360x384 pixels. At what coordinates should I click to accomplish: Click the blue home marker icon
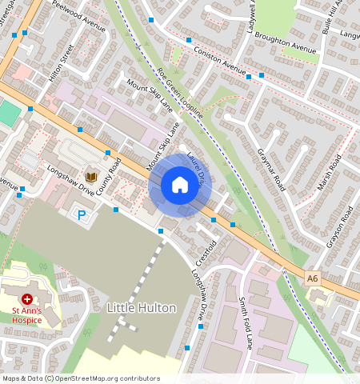[x=180, y=186]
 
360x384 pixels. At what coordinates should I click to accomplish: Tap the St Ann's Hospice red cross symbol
[x=27, y=298]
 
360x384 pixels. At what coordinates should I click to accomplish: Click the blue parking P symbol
[x=81, y=214]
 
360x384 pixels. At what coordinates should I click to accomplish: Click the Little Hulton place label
[x=141, y=307]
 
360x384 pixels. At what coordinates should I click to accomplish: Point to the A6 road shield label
[x=313, y=278]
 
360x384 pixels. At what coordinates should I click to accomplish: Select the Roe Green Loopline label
[x=180, y=94]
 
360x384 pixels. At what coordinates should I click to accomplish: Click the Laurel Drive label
[x=197, y=164]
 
